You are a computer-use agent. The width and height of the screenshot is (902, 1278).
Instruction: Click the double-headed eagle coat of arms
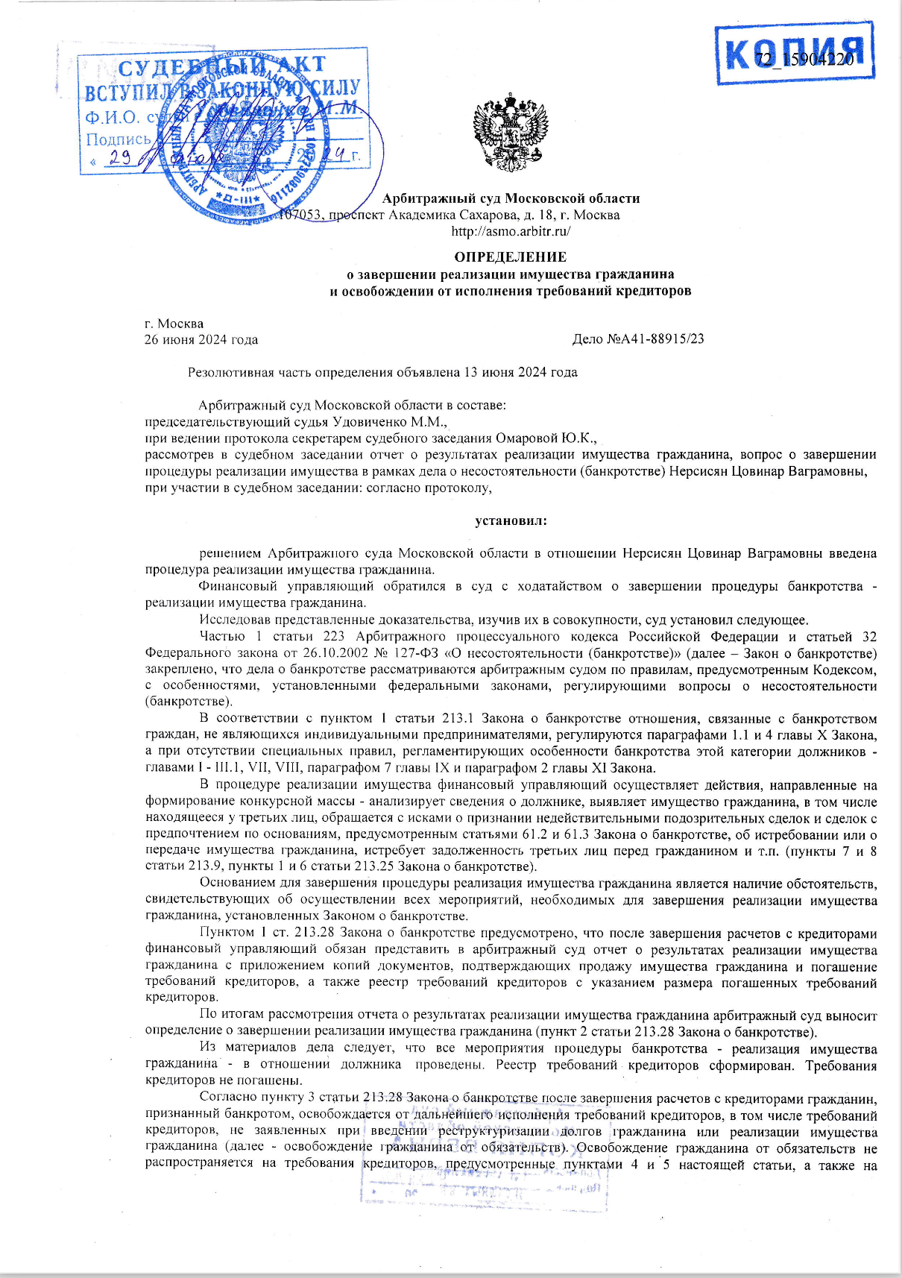point(511,133)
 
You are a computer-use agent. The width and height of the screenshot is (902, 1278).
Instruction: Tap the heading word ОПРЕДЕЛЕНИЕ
point(511,257)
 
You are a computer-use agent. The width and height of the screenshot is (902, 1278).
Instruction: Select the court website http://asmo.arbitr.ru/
point(511,231)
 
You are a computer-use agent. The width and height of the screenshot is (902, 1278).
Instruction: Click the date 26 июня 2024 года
point(201,339)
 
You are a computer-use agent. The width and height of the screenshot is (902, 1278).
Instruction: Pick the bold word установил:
point(511,520)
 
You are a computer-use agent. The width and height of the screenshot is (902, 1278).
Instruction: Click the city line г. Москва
point(174,324)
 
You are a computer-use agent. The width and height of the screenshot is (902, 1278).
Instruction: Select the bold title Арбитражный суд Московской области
point(511,198)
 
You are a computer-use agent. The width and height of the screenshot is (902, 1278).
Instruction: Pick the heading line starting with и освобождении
point(511,291)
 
